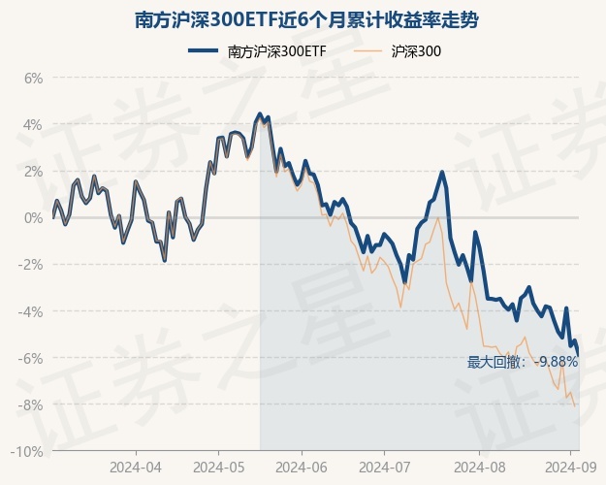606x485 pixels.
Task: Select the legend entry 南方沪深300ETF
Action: click(x=276, y=52)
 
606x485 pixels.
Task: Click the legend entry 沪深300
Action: click(x=417, y=52)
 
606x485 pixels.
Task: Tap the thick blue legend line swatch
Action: click(x=205, y=52)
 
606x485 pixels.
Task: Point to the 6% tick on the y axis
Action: click(x=34, y=79)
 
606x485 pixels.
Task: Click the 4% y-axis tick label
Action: click(x=34, y=125)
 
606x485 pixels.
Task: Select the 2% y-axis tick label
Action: click(x=34, y=172)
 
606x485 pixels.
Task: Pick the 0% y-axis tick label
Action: click(x=34, y=218)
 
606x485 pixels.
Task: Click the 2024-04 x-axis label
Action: click(x=136, y=467)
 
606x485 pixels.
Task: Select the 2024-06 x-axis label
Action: click(x=301, y=467)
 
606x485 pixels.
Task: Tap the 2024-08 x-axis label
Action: click(x=466, y=467)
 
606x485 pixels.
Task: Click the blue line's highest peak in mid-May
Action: click(x=260, y=114)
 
